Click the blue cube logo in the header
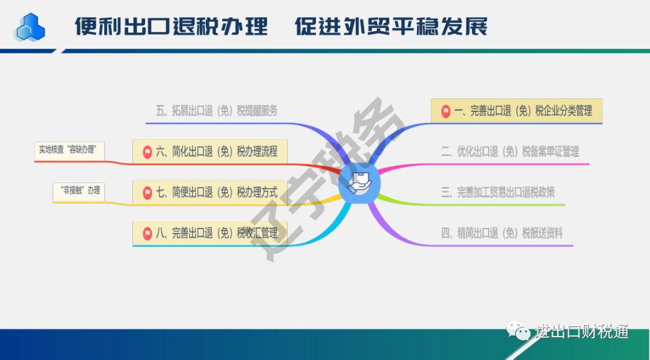click(x=30, y=27)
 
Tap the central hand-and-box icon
click(x=359, y=183)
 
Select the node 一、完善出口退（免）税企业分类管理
click(x=516, y=111)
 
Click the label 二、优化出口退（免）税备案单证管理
click(x=510, y=151)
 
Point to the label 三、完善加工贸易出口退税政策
click(x=498, y=192)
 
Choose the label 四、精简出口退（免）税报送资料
click(x=502, y=233)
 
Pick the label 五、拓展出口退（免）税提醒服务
click(x=217, y=111)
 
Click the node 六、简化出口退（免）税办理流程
click(x=210, y=151)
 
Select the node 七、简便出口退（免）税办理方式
click(x=210, y=192)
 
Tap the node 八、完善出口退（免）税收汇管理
click(x=210, y=233)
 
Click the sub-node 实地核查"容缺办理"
click(x=69, y=151)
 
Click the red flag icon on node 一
click(x=445, y=111)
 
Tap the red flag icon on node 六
click(x=147, y=152)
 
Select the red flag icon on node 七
click(x=147, y=193)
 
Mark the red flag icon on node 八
click(x=147, y=234)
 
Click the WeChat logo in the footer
click(x=518, y=331)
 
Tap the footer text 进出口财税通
click(x=582, y=331)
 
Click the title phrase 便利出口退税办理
click(x=171, y=26)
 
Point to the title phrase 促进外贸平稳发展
click(x=391, y=26)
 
